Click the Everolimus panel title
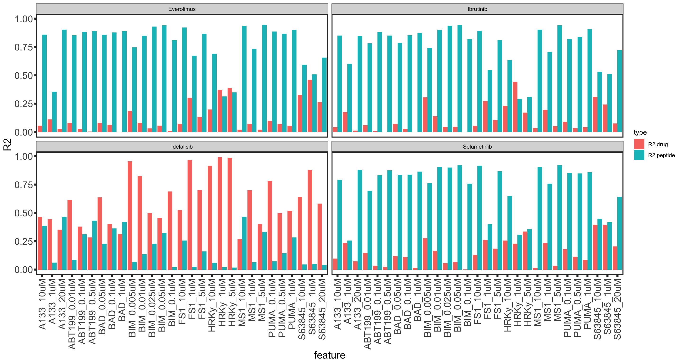[x=182, y=9]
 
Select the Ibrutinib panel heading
[x=477, y=9]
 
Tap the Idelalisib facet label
[x=182, y=147]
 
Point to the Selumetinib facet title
[x=477, y=147]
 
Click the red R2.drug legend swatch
[x=639, y=144]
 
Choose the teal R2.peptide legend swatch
[x=639, y=155]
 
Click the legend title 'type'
[x=640, y=132]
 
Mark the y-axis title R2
[x=7, y=144]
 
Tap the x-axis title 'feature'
[x=329, y=355]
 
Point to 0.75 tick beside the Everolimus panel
[x=24, y=47]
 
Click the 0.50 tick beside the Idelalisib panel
[x=24, y=213]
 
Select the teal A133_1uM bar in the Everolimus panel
[x=54, y=112]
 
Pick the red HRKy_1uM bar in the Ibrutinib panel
[x=515, y=107]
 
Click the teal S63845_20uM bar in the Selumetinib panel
[x=619, y=233]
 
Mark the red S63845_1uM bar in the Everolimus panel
[x=310, y=106]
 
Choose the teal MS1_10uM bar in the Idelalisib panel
[x=244, y=243]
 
